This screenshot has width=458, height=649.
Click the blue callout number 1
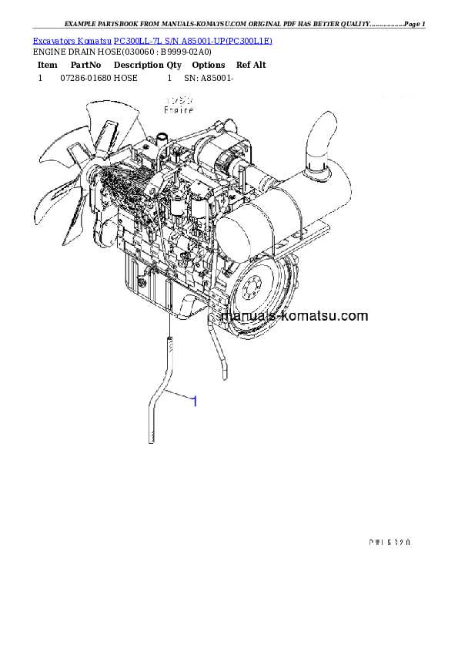[x=194, y=402]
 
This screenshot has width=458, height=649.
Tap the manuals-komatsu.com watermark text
[x=294, y=316]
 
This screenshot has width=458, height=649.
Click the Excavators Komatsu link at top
[x=72, y=40]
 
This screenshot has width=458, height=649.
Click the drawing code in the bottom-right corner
[x=386, y=542]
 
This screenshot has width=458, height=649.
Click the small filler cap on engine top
[x=162, y=140]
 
